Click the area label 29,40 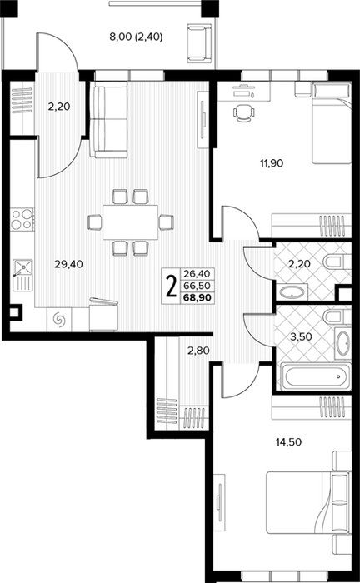coord(68,264)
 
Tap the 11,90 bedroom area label coord(272,163)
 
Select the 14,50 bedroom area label coord(288,442)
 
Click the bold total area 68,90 coord(197,297)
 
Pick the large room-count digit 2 coord(171,287)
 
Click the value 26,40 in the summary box coord(197,274)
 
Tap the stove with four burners coord(22,219)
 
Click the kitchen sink coord(22,275)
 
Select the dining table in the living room coord(131,222)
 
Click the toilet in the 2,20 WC coord(337,262)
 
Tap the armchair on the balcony coord(199,42)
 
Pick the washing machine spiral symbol coord(59,319)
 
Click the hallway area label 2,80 coord(198,351)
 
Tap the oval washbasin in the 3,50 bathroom coord(342,343)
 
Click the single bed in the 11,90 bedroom coord(332,122)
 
